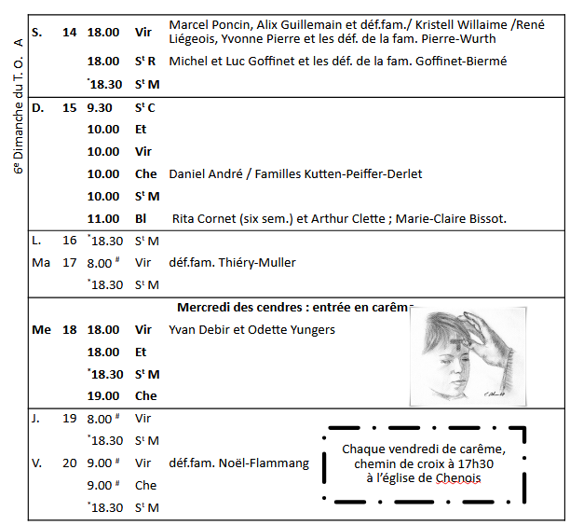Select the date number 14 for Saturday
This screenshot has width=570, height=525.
click(70, 33)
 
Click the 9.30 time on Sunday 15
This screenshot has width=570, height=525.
click(100, 108)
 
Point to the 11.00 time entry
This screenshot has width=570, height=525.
click(102, 219)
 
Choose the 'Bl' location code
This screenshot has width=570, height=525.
click(141, 219)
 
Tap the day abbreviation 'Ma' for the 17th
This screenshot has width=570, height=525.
click(40, 263)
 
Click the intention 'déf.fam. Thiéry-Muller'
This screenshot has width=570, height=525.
click(232, 263)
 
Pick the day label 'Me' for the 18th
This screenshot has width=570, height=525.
click(41, 330)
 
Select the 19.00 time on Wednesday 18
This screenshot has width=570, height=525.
click(102, 396)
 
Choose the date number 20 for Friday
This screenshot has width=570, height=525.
click(70, 463)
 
